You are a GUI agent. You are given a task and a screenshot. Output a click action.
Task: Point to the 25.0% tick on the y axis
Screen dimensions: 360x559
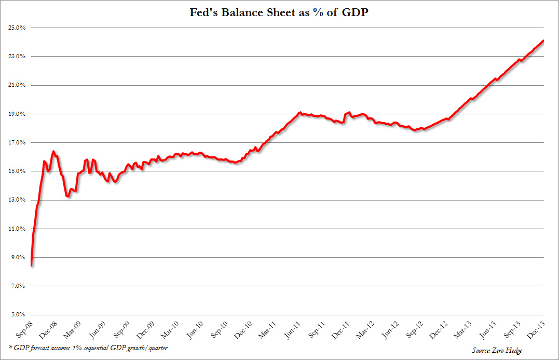pos(18,28)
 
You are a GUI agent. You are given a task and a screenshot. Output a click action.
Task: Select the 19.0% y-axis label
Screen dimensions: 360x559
pos(18,114)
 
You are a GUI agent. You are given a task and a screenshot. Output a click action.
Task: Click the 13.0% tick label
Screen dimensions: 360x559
pos(18,200)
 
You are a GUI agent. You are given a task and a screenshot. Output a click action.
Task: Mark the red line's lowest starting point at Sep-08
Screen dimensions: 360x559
pos(32,265)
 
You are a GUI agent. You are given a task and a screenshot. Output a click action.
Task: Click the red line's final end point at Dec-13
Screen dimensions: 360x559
pos(543,41)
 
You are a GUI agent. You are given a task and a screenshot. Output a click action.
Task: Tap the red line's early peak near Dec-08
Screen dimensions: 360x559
pos(53,152)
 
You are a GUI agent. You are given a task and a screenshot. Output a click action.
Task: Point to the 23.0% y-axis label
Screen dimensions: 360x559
pos(18,56)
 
